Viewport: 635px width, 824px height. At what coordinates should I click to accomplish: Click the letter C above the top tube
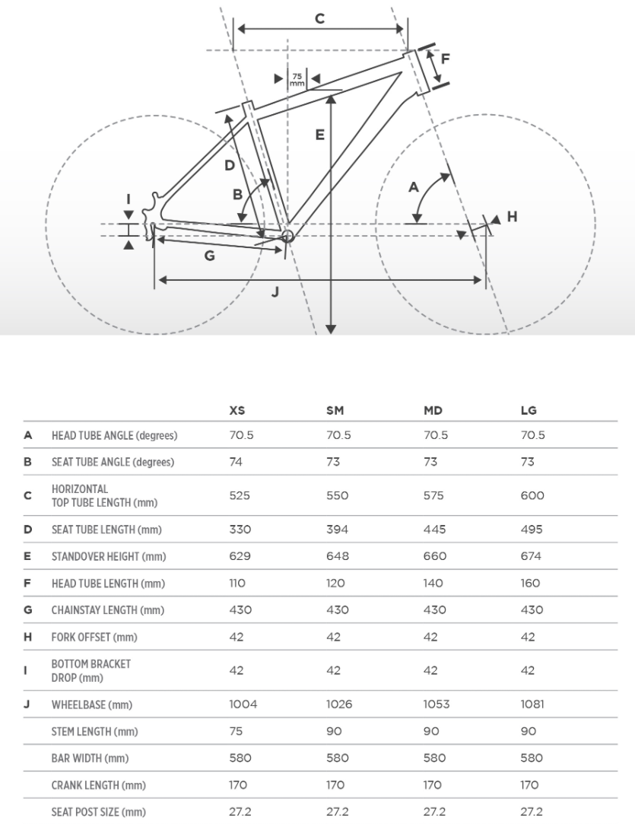[320, 18]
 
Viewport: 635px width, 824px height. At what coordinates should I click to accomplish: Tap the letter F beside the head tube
[446, 59]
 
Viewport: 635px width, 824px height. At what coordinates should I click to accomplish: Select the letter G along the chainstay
[209, 256]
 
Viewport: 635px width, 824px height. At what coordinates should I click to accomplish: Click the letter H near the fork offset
[512, 217]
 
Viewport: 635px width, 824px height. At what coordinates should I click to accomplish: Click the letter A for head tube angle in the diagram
[414, 186]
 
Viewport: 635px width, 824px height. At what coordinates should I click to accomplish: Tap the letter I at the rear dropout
[129, 200]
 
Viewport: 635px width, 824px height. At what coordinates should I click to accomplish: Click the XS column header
[237, 410]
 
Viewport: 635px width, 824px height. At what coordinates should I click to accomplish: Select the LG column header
[529, 410]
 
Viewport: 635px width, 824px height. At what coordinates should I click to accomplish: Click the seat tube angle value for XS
[236, 462]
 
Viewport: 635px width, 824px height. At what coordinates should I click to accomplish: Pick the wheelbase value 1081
[532, 705]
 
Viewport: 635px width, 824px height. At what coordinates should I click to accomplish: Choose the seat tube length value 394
[337, 530]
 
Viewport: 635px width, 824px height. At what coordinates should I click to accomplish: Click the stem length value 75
[236, 731]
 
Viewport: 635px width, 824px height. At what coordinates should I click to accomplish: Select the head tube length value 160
[531, 584]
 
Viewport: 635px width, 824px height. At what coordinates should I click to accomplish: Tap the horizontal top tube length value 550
[337, 495]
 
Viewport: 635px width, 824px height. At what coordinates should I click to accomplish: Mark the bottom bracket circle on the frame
[287, 237]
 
